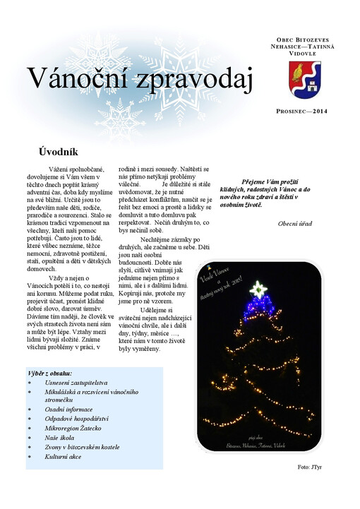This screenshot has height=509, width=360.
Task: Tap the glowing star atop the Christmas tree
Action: click(258, 289)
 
